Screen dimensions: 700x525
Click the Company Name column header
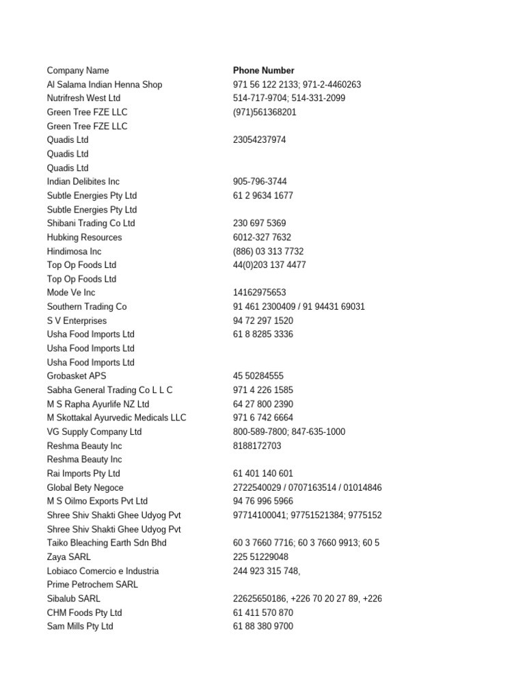pos(78,70)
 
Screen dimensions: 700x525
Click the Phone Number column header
pos(263,70)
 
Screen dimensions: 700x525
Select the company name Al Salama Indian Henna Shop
pos(105,85)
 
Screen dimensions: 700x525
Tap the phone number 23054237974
pos(259,140)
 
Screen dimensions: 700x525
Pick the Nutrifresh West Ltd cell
pos(83,98)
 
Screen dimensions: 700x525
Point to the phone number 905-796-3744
pos(260,182)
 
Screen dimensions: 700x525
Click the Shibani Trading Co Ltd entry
pos(91,224)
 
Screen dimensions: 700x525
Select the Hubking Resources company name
pos(84,237)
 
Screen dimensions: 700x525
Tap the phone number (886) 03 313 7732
pos(268,252)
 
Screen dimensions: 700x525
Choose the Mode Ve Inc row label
pos(71,293)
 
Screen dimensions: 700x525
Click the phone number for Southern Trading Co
pos(299,307)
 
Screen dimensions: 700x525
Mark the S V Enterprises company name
pos(77,321)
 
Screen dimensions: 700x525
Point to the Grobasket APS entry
pos(77,376)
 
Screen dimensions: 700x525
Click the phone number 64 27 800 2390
pos(263,404)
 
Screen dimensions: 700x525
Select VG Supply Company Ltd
pos(94,432)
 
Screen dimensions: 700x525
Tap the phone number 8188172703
pos(257,446)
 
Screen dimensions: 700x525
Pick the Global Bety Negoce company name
pos(85,487)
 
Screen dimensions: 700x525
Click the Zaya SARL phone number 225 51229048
pos(260,557)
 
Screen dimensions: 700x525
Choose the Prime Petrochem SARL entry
pos(92,584)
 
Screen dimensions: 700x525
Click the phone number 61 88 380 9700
pos(263,626)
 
